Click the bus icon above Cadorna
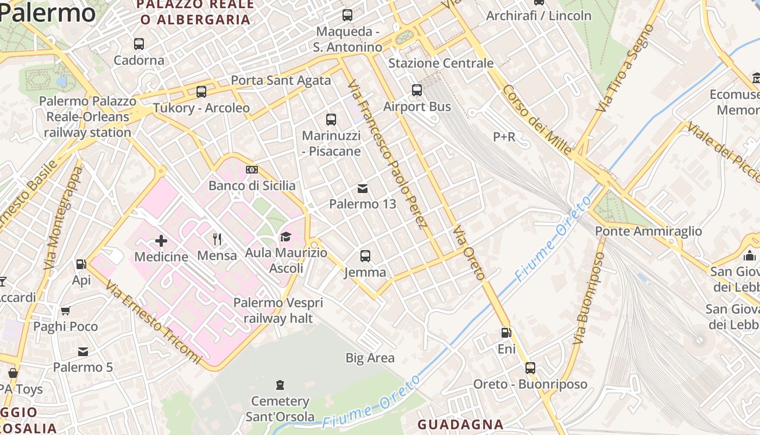click(139, 43)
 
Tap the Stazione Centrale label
click(441, 63)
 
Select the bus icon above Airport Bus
click(417, 90)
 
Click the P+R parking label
click(504, 137)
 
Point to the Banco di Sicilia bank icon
click(252, 170)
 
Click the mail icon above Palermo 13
click(363, 189)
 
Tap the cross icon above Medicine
click(161, 240)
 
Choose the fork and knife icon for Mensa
click(217, 239)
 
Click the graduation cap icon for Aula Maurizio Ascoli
click(286, 237)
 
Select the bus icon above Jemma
click(365, 256)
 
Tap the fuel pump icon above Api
click(81, 264)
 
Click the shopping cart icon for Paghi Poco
click(66, 310)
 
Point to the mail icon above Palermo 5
click(83, 351)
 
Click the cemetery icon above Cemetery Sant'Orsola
click(280, 385)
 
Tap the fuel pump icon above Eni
click(506, 333)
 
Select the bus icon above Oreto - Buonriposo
click(530, 368)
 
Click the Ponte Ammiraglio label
click(649, 231)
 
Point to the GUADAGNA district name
click(460, 425)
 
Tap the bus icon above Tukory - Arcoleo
click(201, 92)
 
